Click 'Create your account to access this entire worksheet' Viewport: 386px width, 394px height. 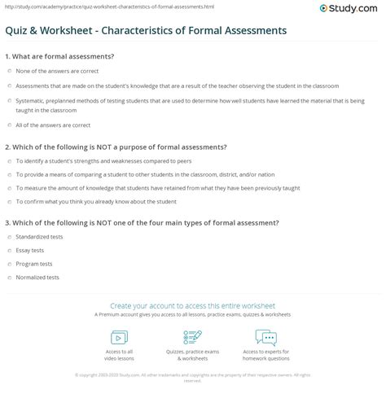[x=193, y=304]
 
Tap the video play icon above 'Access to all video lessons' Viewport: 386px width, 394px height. [x=118, y=336]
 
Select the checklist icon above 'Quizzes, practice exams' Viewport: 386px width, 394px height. [x=193, y=336]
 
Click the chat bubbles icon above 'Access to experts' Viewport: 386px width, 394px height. [x=266, y=336]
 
